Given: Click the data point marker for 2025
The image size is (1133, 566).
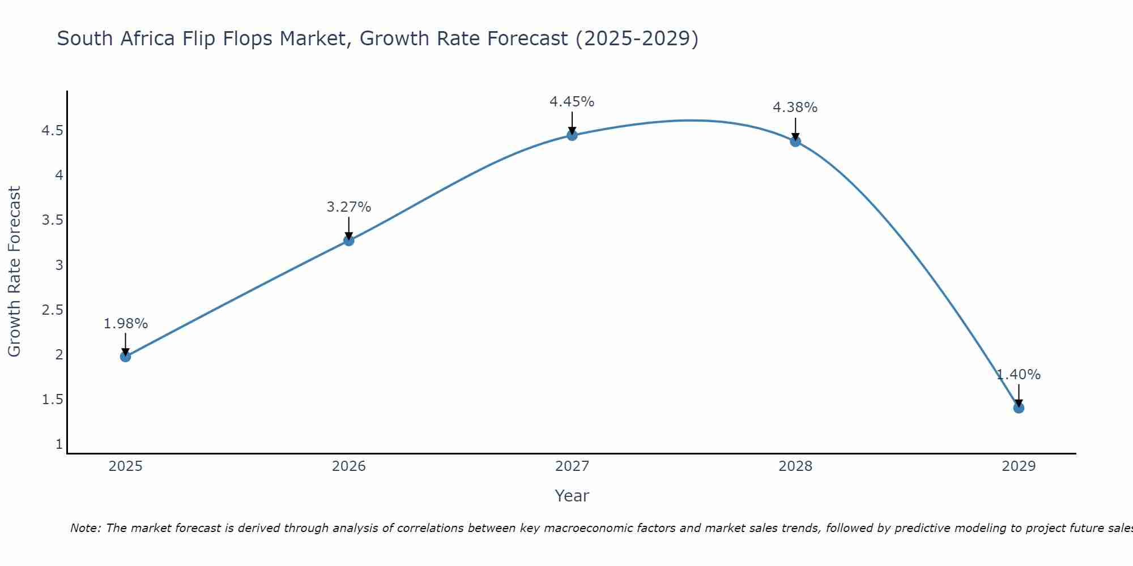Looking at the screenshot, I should click(x=125, y=356).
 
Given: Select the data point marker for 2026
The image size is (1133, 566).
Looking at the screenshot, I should click(x=348, y=241).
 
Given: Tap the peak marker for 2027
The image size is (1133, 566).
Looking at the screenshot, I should click(x=572, y=135).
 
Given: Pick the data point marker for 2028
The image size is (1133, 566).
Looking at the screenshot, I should click(x=795, y=141).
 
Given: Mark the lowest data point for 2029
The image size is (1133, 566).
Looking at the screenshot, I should click(x=1018, y=408).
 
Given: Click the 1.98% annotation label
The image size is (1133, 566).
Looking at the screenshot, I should click(x=125, y=324).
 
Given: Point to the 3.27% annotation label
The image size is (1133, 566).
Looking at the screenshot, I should click(x=348, y=207).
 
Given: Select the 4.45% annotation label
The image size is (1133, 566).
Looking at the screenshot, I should click(x=572, y=102).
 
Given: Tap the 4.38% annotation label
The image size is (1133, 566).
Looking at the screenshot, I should click(x=795, y=108).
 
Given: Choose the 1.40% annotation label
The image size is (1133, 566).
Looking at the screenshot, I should click(x=1018, y=375).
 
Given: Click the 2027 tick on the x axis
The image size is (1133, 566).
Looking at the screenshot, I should click(x=572, y=466).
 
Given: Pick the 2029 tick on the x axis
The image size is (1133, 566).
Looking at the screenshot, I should click(x=1018, y=466).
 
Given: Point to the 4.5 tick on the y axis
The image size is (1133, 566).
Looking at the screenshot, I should click(x=52, y=131).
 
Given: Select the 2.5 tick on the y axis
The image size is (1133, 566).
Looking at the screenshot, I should click(x=52, y=310).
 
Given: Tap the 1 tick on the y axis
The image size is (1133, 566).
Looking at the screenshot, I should click(x=59, y=444).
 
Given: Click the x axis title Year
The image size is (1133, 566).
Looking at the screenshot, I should click(x=572, y=496).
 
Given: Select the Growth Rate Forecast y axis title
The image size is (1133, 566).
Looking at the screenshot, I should click(x=14, y=272).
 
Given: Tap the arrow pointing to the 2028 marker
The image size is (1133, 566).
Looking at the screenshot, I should click(x=795, y=128).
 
